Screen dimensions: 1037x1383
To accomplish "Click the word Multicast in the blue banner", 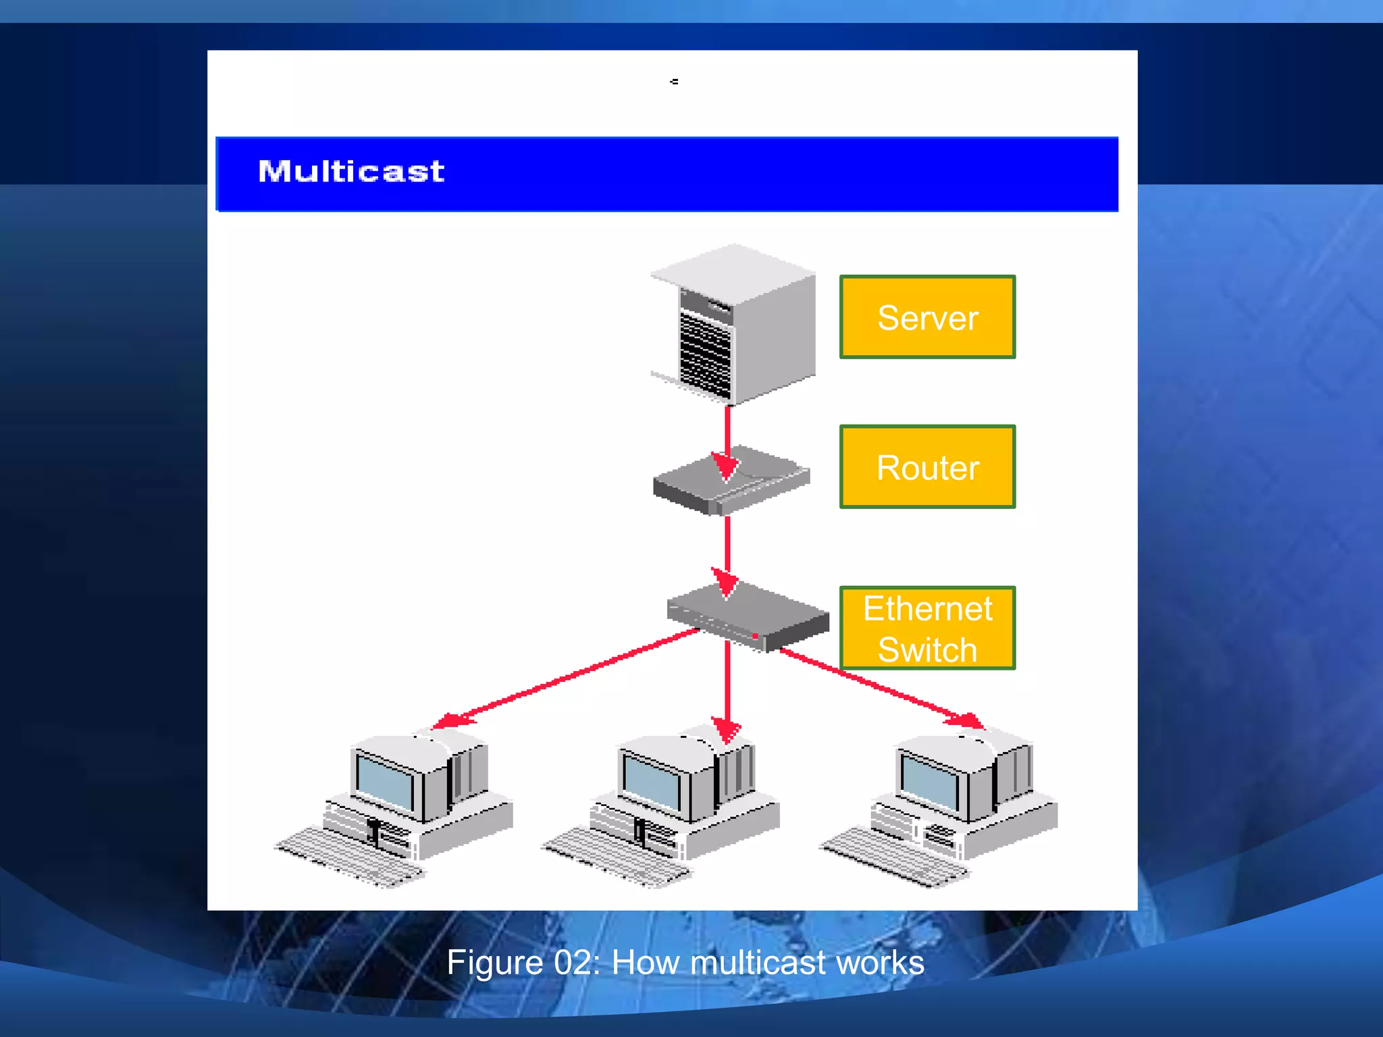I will point(351,171).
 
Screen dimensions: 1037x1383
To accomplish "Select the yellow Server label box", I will point(927,317).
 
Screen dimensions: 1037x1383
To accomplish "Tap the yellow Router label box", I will point(927,467).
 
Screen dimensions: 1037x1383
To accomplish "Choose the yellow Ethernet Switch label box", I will point(927,628).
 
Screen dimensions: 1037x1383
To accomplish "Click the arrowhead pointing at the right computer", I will point(967,721).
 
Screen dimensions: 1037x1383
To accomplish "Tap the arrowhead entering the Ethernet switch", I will point(727,582).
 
